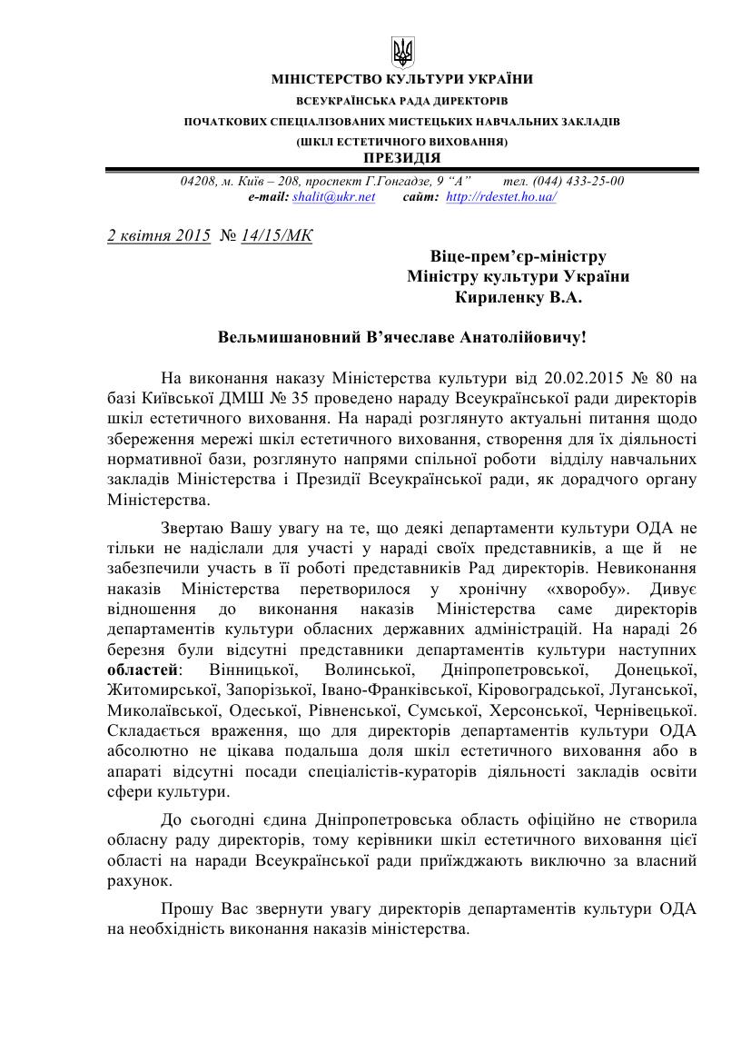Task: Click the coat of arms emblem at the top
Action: pyautogui.click(x=402, y=52)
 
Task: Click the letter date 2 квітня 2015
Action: pyautogui.click(x=159, y=235)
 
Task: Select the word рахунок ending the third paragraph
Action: pyautogui.click(x=137, y=881)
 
